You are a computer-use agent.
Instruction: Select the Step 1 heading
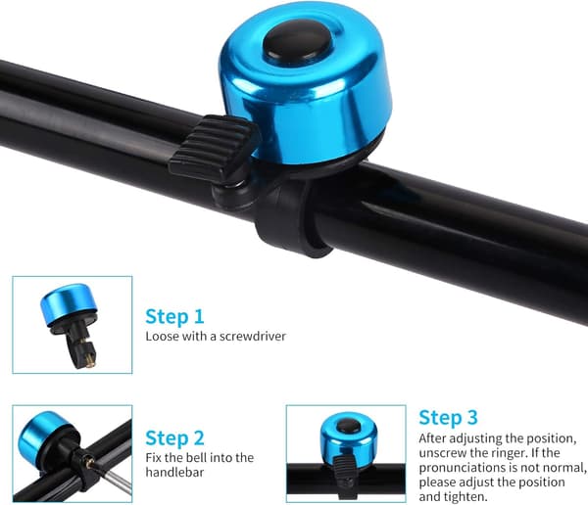pyautogui.click(x=174, y=317)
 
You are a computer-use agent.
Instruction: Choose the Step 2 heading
pyautogui.click(x=174, y=437)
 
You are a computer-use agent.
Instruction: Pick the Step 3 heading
pyautogui.click(x=448, y=418)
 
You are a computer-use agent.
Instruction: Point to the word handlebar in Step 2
pyautogui.click(x=174, y=472)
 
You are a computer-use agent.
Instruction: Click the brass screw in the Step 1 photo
pyautogui.click(x=89, y=363)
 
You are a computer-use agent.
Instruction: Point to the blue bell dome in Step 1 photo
pyautogui.click(x=69, y=304)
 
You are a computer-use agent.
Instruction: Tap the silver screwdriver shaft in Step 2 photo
pyautogui.click(x=118, y=482)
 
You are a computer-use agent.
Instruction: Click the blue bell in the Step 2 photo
pyautogui.click(x=42, y=436)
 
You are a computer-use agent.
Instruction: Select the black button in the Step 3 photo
pyautogui.click(x=348, y=426)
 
